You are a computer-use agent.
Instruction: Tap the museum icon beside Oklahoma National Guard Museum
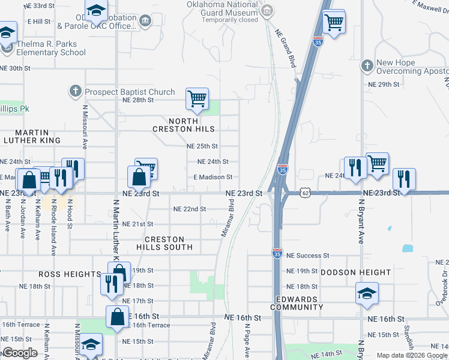(268, 10)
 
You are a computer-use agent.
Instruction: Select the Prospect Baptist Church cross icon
(75, 92)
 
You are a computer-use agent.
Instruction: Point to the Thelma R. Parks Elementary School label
(43, 47)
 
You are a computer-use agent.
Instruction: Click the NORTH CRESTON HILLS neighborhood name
(184, 125)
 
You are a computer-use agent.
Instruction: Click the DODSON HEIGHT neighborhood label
(355, 272)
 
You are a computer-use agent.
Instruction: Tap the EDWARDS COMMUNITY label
(297, 303)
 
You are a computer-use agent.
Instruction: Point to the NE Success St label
(307, 256)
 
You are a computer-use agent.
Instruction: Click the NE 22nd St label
(189, 209)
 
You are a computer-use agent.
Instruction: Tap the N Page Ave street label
(247, 340)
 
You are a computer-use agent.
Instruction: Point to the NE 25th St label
(202, 146)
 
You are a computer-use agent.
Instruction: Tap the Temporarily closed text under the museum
(230, 19)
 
